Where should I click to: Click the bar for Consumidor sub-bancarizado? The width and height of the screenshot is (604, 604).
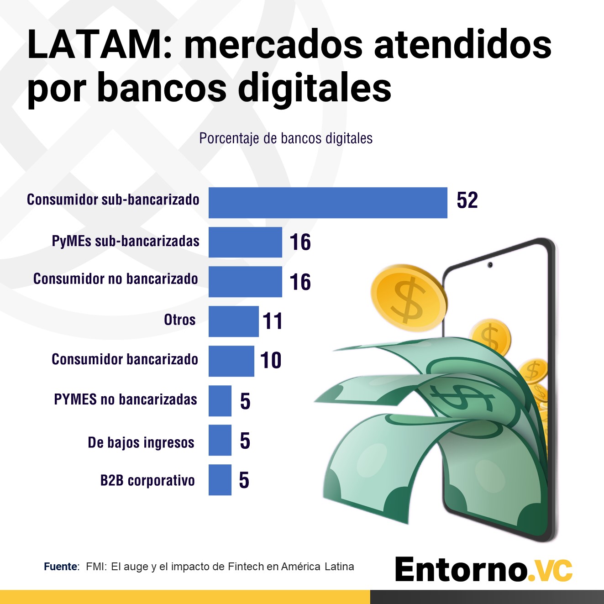[x=328, y=203]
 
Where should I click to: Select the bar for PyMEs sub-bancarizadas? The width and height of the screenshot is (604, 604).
[x=245, y=242]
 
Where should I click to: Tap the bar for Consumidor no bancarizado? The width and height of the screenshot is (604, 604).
[x=245, y=282]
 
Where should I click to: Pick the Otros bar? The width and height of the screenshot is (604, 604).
[x=233, y=321]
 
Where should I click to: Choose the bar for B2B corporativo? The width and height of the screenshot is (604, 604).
[x=220, y=480]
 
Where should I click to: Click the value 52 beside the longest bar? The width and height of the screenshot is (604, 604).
[x=467, y=200]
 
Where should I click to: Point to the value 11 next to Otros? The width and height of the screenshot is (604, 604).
[x=273, y=321]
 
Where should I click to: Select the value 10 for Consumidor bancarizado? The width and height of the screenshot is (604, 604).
[x=271, y=360]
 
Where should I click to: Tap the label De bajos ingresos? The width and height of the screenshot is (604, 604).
[x=141, y=442]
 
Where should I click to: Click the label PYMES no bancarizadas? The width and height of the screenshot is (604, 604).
[x=126, y=399]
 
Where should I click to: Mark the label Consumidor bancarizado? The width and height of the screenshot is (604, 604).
[x=125, y=359]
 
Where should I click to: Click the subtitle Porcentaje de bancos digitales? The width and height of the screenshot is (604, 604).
[x=286, y=138]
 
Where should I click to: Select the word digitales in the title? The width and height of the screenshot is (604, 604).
[x=315, y=88]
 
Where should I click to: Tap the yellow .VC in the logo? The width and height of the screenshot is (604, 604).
[x=550, y=570]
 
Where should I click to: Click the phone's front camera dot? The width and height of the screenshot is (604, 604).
[x=490, y=265]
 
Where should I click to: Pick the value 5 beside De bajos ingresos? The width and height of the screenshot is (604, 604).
[x=245, y=441]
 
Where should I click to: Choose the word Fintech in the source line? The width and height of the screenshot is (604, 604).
[x=246, y=567]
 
